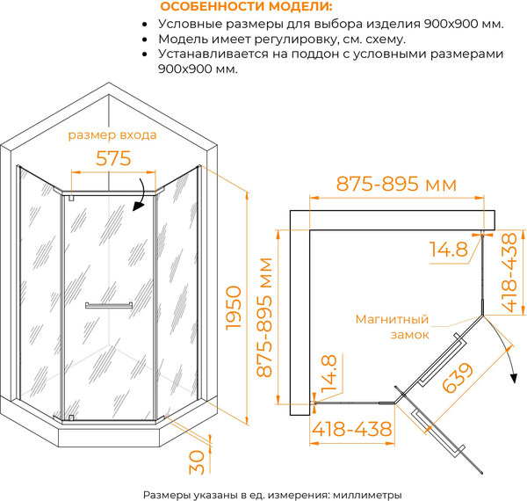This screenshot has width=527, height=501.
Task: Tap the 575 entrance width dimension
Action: point(113,158)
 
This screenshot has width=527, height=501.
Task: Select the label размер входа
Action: point(112,136)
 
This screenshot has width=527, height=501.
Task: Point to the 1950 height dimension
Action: point(233,308)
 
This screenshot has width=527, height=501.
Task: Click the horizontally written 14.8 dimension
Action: point(448,250)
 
